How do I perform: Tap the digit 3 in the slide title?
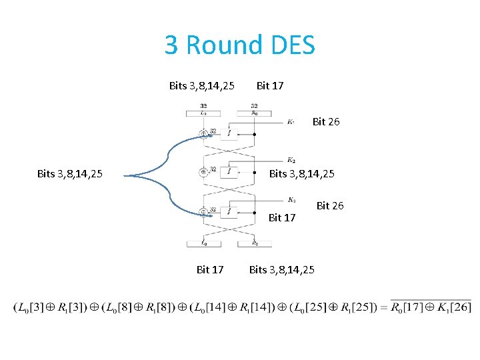click(171, 45)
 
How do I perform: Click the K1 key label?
click(291, 122)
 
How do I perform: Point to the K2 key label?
click(291, 160)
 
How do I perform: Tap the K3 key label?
click(292, 199)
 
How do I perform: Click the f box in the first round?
click(229, 133)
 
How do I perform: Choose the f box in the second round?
click(229, 172)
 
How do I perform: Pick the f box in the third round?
click(229, 211)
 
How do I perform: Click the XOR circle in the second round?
click(203, 172)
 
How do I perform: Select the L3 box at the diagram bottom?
click(203, 243)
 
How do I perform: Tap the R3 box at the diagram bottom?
click(255, 243)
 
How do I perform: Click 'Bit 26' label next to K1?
click(326, 122)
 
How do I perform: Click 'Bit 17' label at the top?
click(270, 85)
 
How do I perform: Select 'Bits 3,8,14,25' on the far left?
click(70, 174)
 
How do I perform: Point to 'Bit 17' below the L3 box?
click(210, 269)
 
